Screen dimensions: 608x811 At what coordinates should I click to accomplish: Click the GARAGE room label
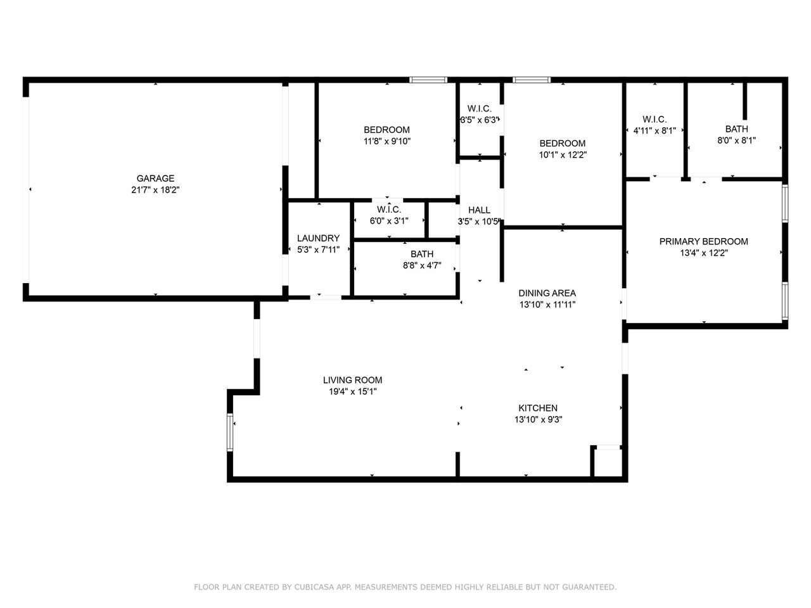point(155,179)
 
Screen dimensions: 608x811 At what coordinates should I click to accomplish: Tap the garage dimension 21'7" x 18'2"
point(155,189)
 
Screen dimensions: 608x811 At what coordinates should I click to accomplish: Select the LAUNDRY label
point(318,238)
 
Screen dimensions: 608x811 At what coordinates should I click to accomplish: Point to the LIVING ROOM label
point(352,380)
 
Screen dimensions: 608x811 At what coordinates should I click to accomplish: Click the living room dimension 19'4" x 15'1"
point(352,391)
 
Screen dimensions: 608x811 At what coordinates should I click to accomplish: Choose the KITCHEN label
point(538,408)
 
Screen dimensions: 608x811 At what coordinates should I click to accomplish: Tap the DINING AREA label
point(547,293)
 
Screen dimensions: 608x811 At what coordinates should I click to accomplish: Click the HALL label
point(479,210)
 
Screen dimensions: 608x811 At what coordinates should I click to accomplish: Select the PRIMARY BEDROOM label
point(703,241)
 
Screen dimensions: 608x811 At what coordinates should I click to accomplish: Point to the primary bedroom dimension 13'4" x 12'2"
point(703,253)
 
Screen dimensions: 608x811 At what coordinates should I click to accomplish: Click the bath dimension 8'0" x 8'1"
point(736,141)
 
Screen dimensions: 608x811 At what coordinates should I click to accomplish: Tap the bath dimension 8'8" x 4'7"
point(422,265)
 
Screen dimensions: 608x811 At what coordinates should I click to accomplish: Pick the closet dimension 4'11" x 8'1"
point(655,130)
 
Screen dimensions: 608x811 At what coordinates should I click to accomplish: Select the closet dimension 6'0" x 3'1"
point(389,220)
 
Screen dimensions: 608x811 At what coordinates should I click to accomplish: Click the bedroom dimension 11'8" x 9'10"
point(386,141)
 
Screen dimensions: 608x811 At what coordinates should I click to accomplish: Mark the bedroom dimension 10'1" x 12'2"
point(563,155)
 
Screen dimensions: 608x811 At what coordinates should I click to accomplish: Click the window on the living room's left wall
point(231,432)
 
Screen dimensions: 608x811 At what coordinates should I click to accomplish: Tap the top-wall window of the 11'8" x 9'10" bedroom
point(428,80)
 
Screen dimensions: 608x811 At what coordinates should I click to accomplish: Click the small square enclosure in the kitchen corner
point(608,462)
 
